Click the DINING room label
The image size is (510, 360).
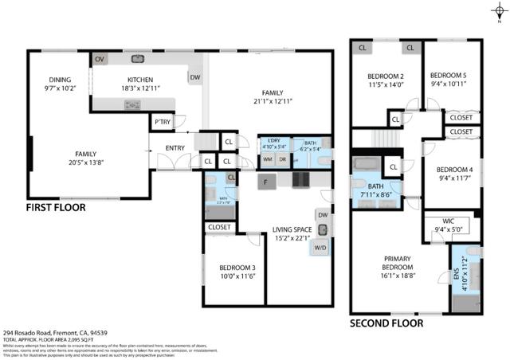pyautogui.click(x=60, y=80)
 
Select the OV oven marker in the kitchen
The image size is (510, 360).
pyautogui.click(x=100, y=60)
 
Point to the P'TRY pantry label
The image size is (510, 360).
pyautogui.click(x=163, y=122)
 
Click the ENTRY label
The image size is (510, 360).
pyautogui.click(x=175, y=148)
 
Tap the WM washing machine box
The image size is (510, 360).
pyautogui.click(x=269, y=159)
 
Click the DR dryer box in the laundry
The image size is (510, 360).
pyautogui.click(x=282, y=159)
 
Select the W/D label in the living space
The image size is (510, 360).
pyautogui.click(x=321, y=248)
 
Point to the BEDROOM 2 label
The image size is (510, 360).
pyautogui.click(x=386, y=77)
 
